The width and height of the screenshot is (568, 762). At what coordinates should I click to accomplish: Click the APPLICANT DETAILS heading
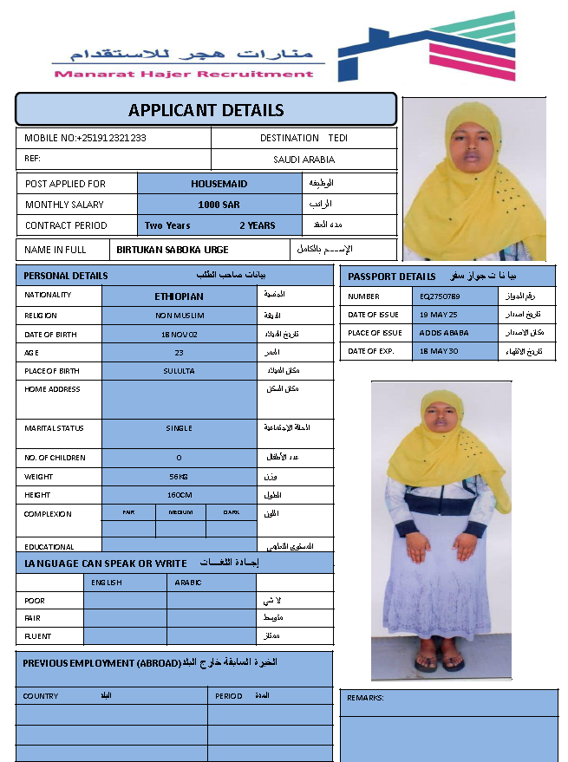(x=206, y=110)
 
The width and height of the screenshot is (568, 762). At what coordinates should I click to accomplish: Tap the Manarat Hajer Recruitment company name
(x=184, y=74)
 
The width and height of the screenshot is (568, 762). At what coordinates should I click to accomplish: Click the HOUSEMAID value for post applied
(x=219, y=184)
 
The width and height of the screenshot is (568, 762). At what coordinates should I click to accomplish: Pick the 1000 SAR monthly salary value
(x=219, y=205)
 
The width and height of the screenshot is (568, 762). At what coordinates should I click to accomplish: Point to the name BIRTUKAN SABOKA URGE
(x=173, y=250)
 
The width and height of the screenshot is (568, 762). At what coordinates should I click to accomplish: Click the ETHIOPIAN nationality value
(x=180, y=296)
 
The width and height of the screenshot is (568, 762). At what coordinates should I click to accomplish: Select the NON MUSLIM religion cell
(x=180, y=316)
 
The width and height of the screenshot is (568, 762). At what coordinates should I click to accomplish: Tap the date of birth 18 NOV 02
(x=180, y=334)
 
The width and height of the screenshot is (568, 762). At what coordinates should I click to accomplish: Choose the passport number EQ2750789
(x=440, y=296)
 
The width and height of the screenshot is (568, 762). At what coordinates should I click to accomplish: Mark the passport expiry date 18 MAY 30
(x=440, y=351)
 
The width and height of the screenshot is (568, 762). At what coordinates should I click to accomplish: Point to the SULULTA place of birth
(x=180, y=371)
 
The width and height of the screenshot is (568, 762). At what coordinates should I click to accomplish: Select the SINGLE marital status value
(x=180, y=428)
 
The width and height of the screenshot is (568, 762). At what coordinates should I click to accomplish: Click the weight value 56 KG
(x=180, y=477)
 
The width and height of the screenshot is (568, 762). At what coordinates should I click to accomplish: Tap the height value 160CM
(x=180, y=495)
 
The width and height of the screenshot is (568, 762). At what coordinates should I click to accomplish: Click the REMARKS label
(x=365, y=698)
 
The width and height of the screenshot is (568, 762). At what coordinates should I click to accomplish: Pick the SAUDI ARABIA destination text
(x=304, y=160)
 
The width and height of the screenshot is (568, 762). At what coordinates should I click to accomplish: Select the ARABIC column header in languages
(x=188, y=583)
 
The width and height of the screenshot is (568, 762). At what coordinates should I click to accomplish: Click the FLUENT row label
(x=37, y=636)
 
